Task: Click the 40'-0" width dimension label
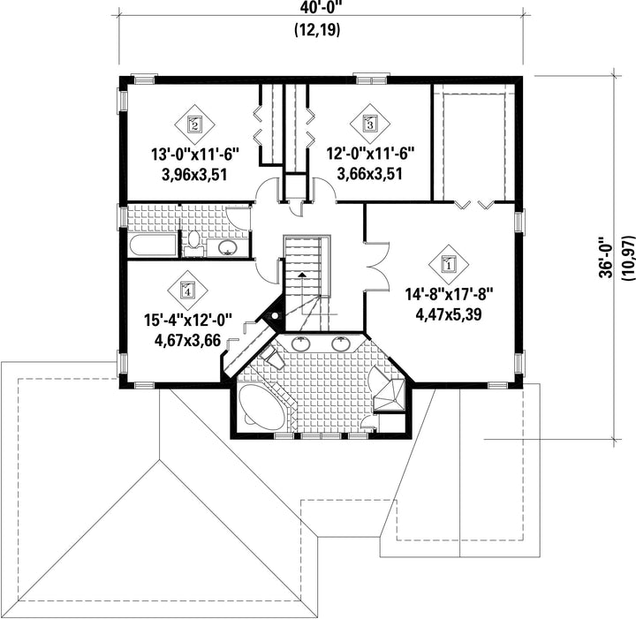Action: tap(317, 7)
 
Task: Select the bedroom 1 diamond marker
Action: tap(449, 265)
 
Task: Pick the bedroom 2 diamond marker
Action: tap(194, 124)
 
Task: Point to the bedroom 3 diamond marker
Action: tap(370, 124)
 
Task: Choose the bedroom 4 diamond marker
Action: tap(187, 290)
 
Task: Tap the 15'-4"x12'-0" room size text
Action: tap(188, 321)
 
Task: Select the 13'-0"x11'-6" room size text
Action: tap(195, 155)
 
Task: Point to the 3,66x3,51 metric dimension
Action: tap(370, 174)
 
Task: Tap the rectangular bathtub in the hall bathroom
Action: tap(153, 246)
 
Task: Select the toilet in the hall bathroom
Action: tap(193, 244)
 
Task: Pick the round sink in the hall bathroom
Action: tap(228, 248)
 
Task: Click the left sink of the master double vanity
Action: tap(300, 344)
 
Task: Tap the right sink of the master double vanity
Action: tap(341, 344)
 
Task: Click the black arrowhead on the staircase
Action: tap(302, 275)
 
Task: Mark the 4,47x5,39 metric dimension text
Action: tap(449, 314)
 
